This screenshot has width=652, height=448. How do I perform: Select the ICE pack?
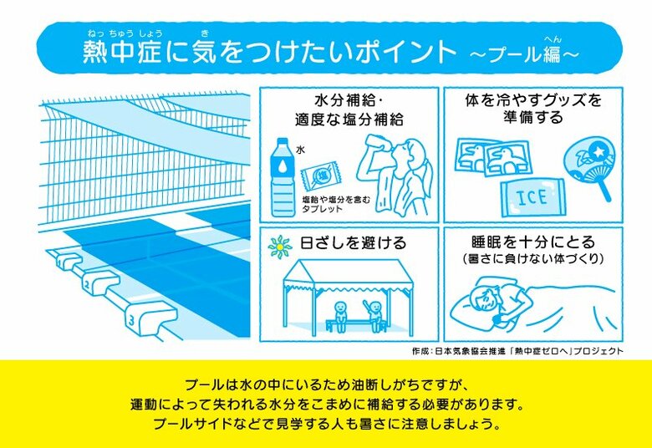tap(532, 198)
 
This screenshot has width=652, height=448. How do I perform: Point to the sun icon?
tap(280, 247)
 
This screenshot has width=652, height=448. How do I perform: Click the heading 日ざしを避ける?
tap(353, 242)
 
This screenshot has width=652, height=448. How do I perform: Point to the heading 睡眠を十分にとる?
tap(533, 242)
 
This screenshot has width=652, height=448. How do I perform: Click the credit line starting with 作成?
tap(517, 351)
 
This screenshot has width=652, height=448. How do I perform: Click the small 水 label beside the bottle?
tap(300, 150)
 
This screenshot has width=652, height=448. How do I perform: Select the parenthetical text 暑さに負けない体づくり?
tap(533, 259)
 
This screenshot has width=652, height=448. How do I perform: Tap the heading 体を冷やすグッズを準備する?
tap(533, 109)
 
